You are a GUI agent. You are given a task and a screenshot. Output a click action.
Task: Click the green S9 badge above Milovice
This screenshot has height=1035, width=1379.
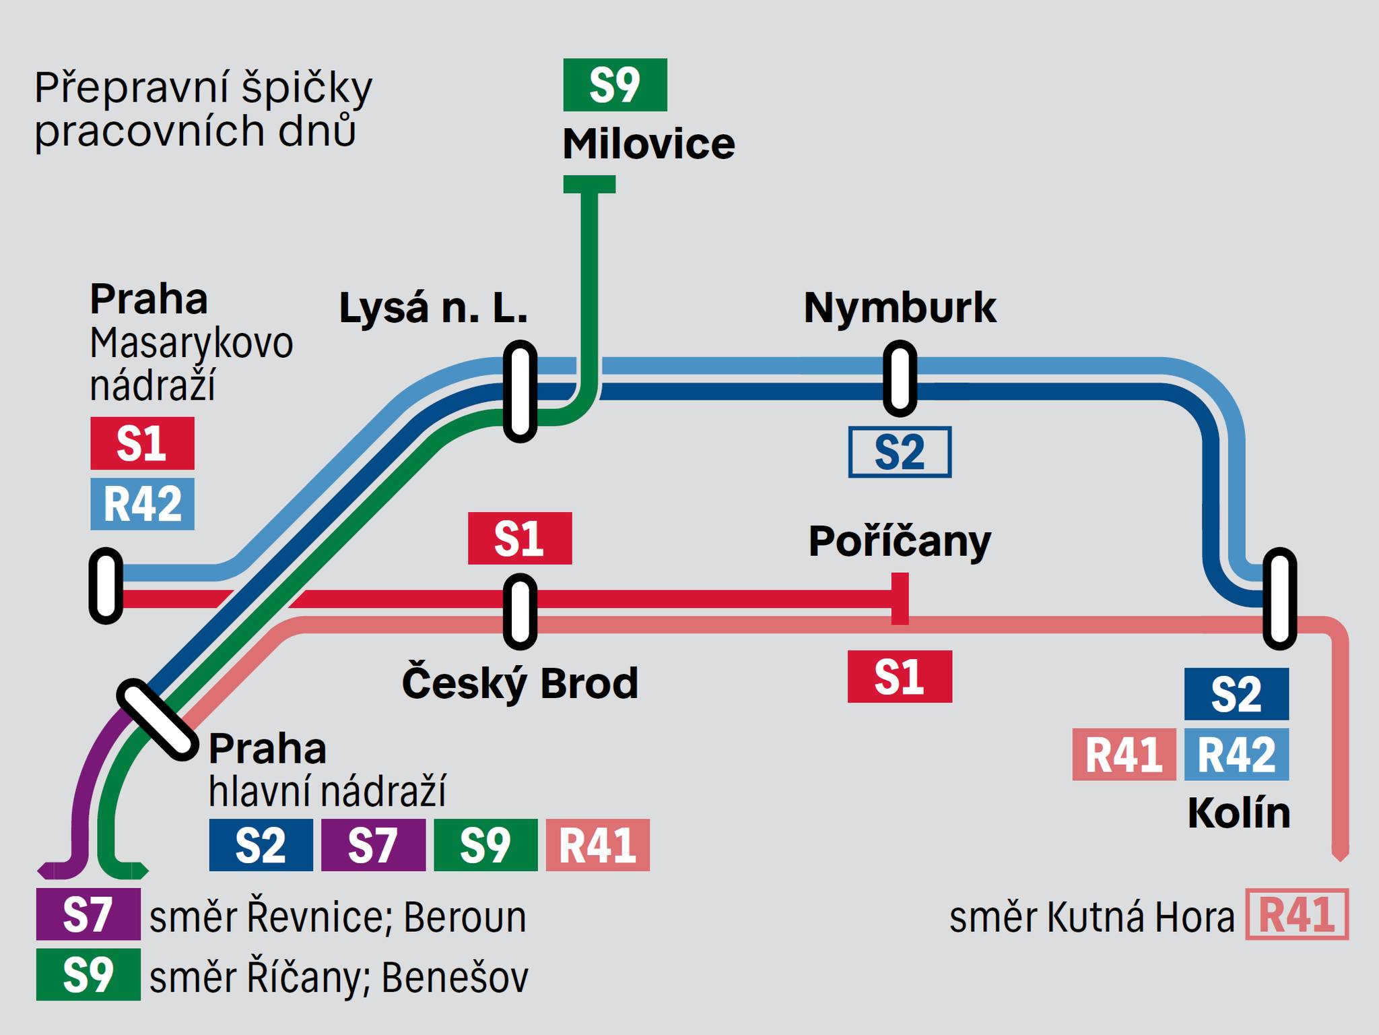coord(615,85)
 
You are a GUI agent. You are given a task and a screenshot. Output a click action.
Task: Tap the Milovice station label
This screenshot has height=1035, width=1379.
coord(648,144)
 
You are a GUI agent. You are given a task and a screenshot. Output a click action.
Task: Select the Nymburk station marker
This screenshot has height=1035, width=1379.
coord(900,378)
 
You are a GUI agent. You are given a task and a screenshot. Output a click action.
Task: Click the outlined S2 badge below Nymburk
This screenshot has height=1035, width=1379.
coord(900,452)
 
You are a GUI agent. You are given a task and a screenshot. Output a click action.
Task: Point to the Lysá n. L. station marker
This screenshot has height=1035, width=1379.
coord(520,391)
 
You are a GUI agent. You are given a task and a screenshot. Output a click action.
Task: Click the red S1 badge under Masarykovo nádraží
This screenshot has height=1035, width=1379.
coord(142,443)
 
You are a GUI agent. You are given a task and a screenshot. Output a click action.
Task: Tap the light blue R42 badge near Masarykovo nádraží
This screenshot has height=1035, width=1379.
coord(142,504)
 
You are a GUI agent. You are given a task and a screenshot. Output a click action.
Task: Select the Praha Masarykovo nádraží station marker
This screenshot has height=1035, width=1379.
coord(106,586)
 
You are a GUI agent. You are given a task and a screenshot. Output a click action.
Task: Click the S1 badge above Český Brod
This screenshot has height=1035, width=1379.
coord(520,538)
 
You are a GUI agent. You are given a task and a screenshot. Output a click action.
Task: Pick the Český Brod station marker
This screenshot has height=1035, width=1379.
coord(520,611)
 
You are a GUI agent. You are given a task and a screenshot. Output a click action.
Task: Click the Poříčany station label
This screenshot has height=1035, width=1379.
coord(900,541)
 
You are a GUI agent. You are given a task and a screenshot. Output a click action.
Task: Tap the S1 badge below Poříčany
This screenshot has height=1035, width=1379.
coord(900,677)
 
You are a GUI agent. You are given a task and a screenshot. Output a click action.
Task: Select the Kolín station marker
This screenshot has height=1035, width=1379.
coord(1279,599)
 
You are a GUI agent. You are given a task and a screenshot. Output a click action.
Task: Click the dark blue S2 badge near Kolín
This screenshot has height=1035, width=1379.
coord(1236,694)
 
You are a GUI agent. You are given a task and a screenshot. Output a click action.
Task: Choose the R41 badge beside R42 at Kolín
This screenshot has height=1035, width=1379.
coord(1124,755)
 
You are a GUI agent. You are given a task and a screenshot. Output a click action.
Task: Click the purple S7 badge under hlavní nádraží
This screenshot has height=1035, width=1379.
coord(373,845)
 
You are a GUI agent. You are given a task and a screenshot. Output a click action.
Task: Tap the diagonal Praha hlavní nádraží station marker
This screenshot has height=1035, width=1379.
coord(157,720)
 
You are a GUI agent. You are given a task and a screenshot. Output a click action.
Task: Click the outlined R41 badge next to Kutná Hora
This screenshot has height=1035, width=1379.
coord(1297,914)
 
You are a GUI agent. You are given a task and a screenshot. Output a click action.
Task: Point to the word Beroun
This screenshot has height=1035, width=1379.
coord(465,917)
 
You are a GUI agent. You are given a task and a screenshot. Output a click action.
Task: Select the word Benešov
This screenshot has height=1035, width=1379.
coord(455,978)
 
